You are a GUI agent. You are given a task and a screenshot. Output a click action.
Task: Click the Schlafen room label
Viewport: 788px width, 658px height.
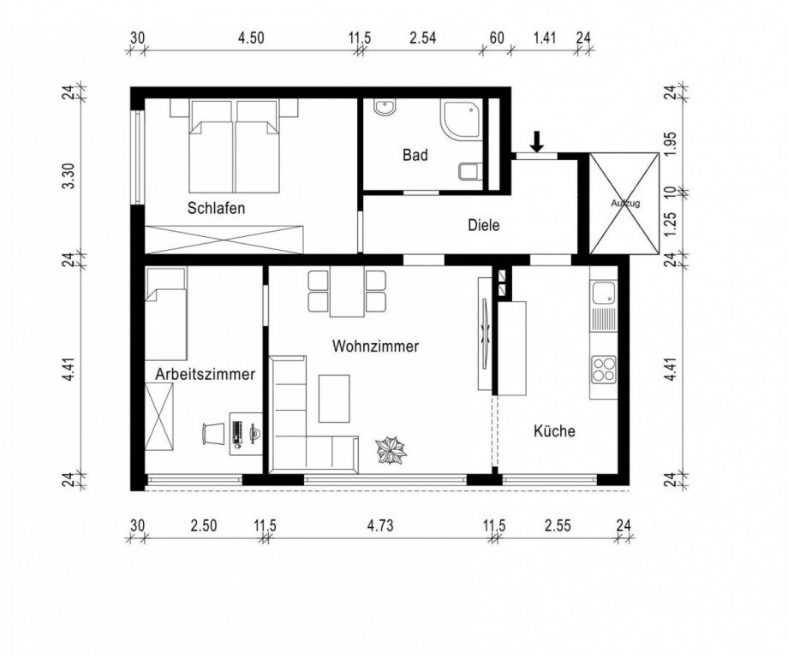point(216,208)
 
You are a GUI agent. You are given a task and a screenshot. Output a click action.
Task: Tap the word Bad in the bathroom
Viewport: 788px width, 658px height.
point(415,155)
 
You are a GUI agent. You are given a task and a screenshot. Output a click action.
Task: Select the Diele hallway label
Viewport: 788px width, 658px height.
point(483,225)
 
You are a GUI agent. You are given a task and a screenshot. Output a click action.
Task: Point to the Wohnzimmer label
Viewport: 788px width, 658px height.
point(375,347)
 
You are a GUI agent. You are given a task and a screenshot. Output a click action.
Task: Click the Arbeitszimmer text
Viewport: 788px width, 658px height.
point(205,375)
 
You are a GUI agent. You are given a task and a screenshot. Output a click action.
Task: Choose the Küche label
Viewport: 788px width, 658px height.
point(554,431)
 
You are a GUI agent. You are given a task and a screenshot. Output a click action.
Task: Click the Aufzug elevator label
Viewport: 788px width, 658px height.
point(625,204)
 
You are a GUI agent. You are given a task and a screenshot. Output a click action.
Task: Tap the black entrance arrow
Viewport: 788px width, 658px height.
point(537,141)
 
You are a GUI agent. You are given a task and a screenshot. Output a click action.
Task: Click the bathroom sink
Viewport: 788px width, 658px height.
point(385,108)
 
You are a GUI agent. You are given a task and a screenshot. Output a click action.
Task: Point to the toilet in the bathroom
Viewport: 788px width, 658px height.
point(470,171)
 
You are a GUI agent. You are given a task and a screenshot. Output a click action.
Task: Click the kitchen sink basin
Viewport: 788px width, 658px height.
point(603,293)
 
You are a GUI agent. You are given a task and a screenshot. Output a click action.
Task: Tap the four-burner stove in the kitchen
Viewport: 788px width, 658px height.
point(604,369)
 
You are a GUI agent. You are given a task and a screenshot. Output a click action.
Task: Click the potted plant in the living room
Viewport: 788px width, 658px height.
point(391,450)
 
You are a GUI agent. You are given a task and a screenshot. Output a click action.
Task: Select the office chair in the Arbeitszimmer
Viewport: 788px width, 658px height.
point(212,433)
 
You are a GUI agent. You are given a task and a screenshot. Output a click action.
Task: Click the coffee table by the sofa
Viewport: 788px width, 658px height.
point(334,399)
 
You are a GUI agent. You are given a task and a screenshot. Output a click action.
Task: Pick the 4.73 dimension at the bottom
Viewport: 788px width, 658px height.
point(380,526)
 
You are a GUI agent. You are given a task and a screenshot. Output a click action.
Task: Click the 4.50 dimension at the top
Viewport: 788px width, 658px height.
point(251,39)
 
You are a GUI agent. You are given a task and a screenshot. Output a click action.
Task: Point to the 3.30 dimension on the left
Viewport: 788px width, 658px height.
point(71,175)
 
